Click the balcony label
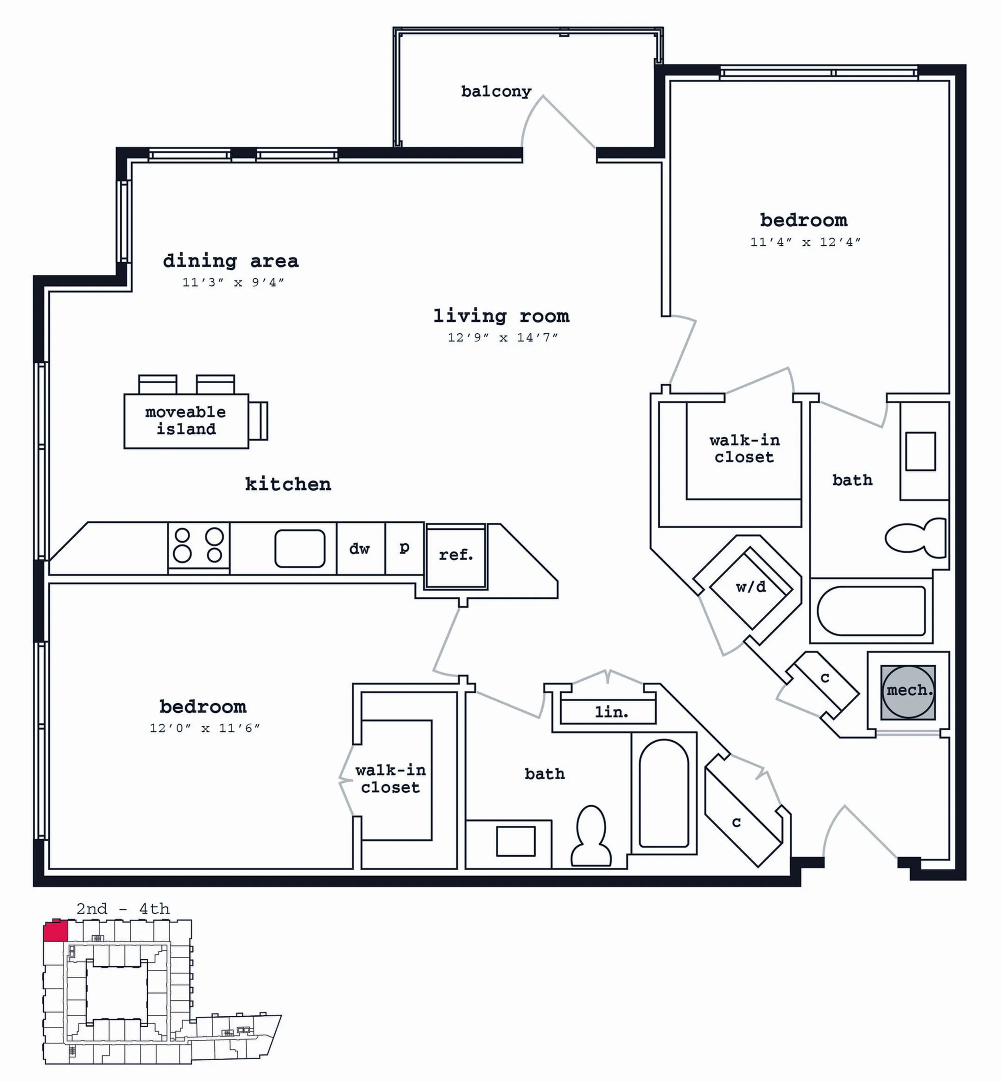coord(496,92)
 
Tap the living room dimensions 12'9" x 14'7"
coord(503,337)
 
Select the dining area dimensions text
coord(233,282)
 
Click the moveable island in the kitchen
coord(186,421)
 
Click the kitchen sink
coord(300,549)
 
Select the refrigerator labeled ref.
coord(456,556)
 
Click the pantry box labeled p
coord(405,548)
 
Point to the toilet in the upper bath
coord(916,538)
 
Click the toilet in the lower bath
coord(591,835)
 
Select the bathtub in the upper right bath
coord(871,611)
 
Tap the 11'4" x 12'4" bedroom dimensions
coord(805,242)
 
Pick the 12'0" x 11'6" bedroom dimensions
coord(205,728)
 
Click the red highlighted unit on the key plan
coord(56,931)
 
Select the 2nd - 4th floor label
coord(123,909)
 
